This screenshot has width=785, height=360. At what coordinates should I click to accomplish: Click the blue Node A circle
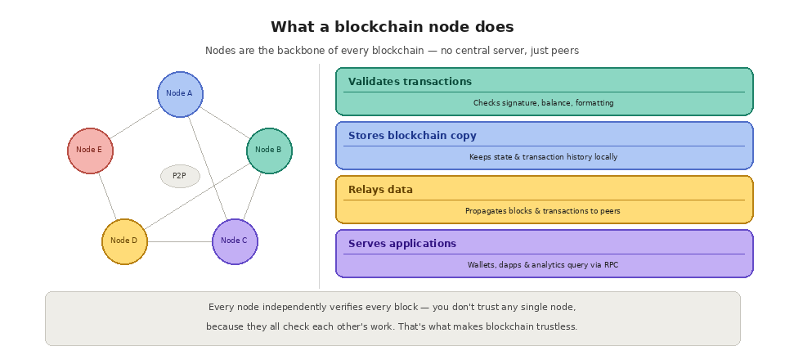[180, 93]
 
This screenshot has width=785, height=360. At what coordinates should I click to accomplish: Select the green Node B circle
[269, 151]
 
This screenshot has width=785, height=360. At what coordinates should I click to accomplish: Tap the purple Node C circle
[235, 241]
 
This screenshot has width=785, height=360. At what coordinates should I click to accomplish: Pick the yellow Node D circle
[124, 241]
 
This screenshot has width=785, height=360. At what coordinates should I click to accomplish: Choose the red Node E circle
[90, 151]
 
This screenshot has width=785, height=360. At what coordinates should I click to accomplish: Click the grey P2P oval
[180, 176]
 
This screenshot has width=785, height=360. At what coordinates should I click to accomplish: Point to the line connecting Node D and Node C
[180, 241]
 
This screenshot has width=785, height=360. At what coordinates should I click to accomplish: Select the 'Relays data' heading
[380, 190]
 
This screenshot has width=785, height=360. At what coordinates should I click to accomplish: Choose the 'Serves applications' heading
[402, 244]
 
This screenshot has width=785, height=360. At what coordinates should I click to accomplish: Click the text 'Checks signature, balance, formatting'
[543, 103]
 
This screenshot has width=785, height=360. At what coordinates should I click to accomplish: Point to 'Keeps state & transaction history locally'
[543, 157]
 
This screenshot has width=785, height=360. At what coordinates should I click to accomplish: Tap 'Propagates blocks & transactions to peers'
[543, 211]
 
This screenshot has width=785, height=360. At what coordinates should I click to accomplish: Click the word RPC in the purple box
[611, 265]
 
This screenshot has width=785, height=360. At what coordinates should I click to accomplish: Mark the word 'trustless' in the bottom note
[556, 326]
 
